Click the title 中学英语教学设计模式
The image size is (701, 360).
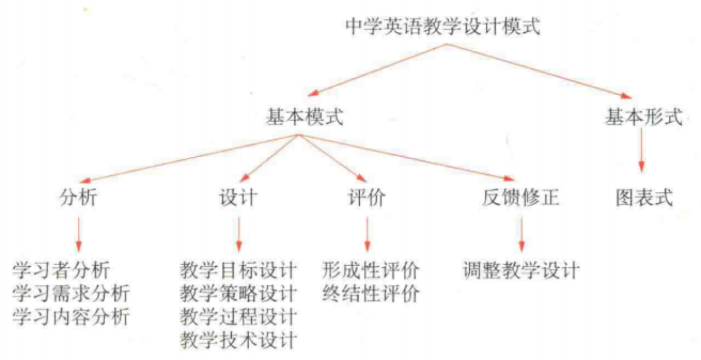point(443,26)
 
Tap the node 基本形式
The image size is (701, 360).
point(643,117)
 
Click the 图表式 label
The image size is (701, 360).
point(643,197)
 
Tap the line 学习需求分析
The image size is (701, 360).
point(71,293)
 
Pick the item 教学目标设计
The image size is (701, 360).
point(238,270)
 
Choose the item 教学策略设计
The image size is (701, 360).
point(238,293)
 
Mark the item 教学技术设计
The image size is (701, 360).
point(238,340)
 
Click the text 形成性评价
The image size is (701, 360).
point(371,270)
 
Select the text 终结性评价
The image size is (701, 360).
point(371,294)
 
